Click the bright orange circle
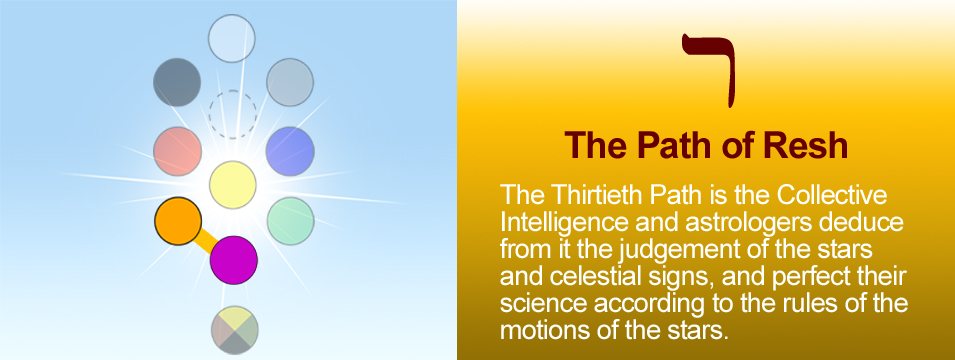point(178,221)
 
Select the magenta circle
point(234,260)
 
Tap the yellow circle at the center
point(233,185)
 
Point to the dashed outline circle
point(233,114)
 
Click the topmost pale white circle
point(231,38)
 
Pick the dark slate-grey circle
point(177,82)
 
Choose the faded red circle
point(177,151)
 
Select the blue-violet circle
point(291,151)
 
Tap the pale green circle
point(291,221)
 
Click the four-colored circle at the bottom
point(235,330)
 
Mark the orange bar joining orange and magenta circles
point(206,241)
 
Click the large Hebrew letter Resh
point(708,69)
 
